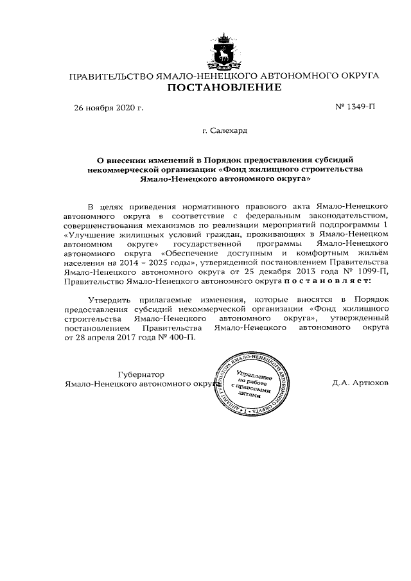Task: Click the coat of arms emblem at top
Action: click(x=224, y=51)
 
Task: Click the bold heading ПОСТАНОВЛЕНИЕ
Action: click(x=224, y=87)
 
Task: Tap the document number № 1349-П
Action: click(x=355, y=107)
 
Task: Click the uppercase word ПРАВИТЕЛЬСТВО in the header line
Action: click(x=110, y=76)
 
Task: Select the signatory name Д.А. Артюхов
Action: click(x=360, y=383)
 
